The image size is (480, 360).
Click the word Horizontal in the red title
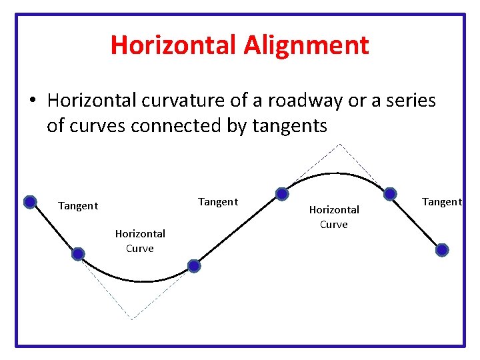(173, 45)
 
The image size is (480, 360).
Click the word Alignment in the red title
(306, 45)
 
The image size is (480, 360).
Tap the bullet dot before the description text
(31, 101)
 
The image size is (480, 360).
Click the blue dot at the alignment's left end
(30, 202)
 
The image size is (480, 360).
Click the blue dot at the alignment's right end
(442, 250)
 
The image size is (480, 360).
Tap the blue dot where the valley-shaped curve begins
(78, 254)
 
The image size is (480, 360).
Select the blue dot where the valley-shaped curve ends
(193, 266)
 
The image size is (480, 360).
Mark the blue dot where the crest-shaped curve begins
(282, 194)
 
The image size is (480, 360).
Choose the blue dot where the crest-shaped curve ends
(390, 193)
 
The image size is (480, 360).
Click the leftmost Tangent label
(78, 206)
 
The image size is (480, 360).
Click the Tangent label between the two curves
(218, 202)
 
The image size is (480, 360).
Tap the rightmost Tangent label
(441, 202)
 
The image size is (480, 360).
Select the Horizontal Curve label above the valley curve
(140, 241)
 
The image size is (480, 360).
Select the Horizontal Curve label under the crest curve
(334, 217)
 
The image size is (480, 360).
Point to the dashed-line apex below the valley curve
(132, 319)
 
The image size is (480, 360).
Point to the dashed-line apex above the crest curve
(340, 144)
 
